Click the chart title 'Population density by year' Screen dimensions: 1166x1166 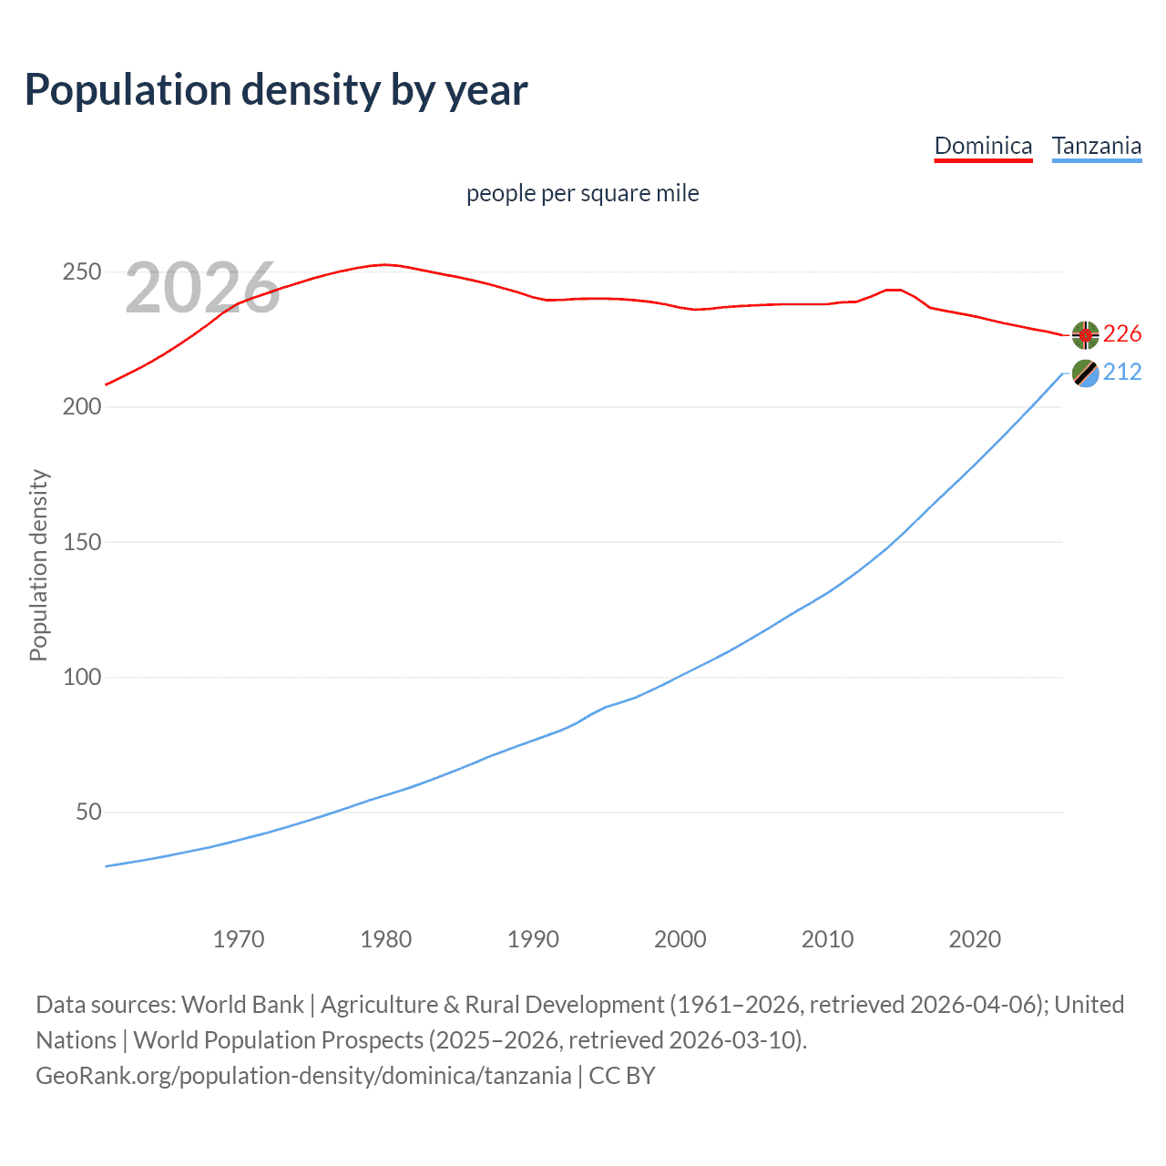276,89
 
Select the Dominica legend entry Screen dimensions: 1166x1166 983,146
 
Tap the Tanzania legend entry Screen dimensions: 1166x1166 1096,146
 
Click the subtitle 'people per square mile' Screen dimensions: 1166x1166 582,193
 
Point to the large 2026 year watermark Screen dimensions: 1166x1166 202,288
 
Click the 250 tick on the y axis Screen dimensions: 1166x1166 81,272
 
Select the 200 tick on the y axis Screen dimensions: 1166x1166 81,407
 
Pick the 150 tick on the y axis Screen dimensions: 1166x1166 81,542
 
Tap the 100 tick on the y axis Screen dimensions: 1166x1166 81,677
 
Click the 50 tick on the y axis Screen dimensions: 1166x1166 88,812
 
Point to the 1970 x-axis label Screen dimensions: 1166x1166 239,939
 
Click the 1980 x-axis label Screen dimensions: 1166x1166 386,939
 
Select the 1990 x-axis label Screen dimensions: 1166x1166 533,939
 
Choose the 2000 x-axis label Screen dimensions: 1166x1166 680,939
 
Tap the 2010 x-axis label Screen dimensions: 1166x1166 827,939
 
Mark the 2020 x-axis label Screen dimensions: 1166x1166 975,939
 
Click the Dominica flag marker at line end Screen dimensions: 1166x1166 1085,335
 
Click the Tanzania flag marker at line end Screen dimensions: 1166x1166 1085,373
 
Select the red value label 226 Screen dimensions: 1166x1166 1122,334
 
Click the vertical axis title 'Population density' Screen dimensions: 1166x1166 38,565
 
